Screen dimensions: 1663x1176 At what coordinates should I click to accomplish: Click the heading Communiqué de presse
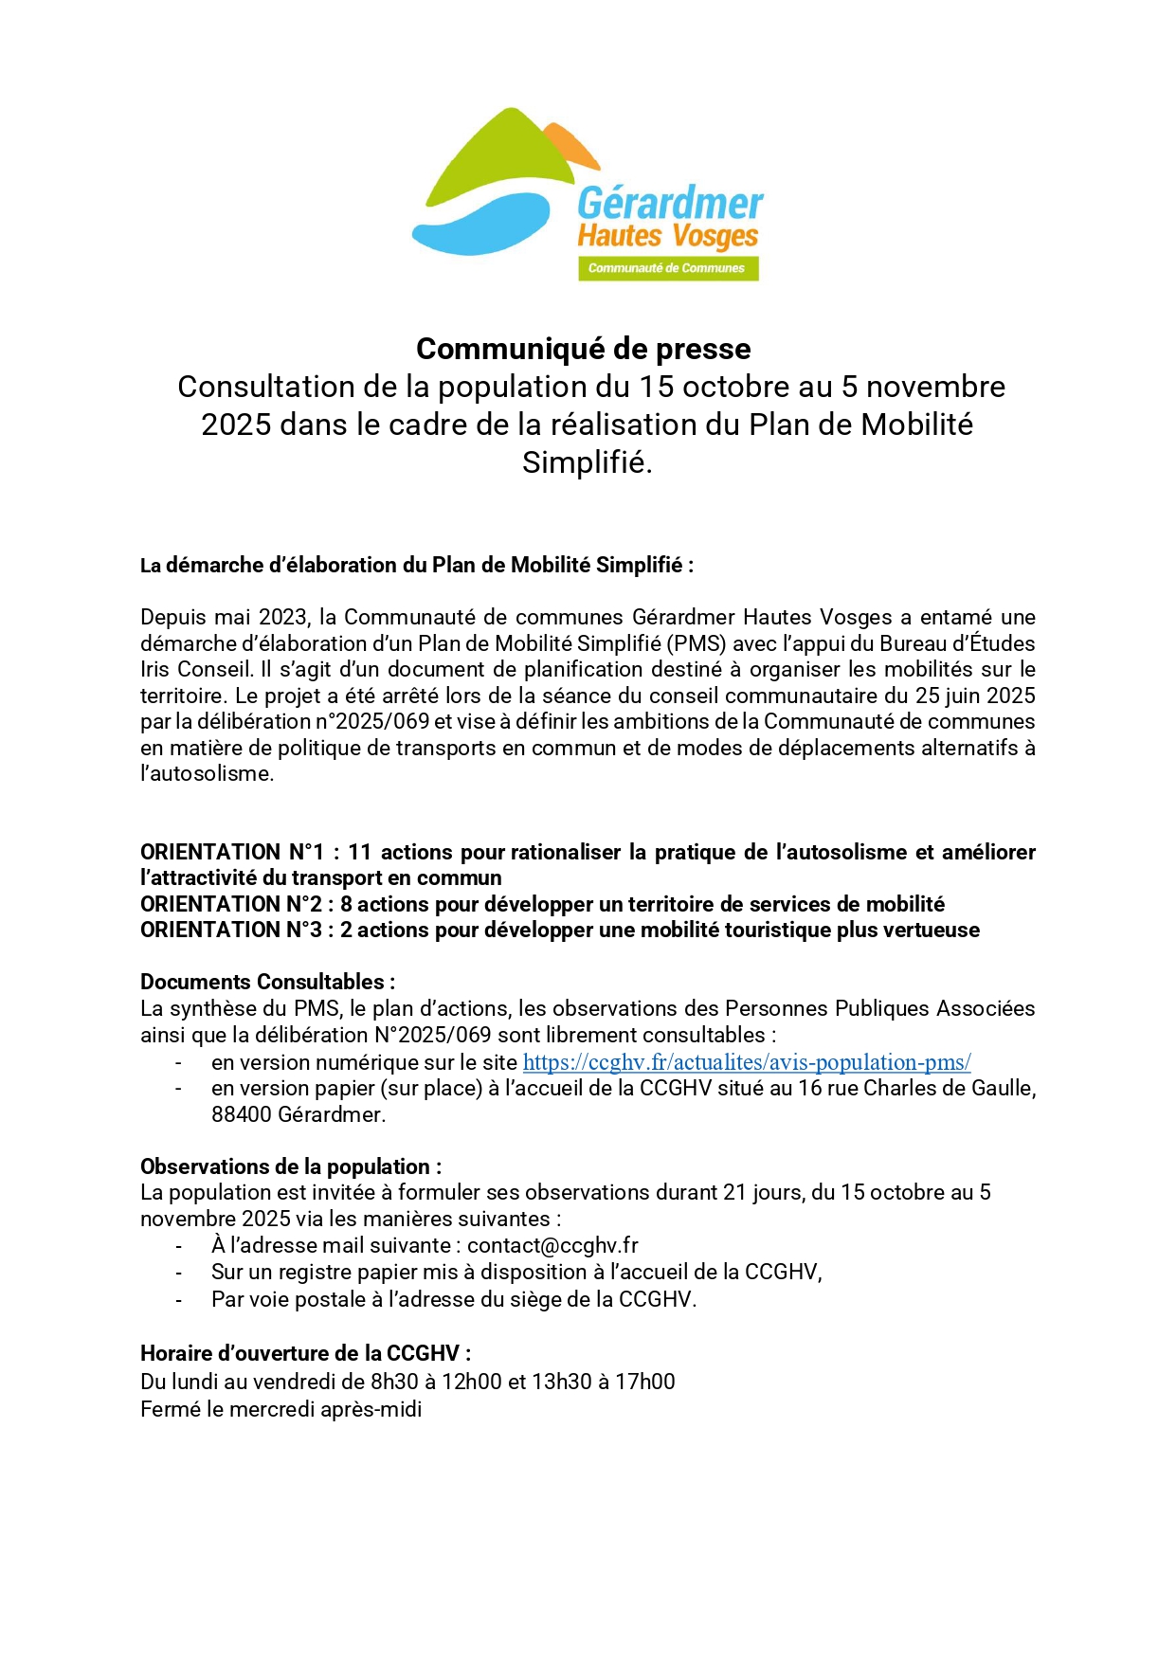point(583,349)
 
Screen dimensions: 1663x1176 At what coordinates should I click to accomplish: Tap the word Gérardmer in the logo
point(669,204)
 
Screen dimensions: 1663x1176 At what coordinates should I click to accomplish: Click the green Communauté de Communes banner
point(668,268)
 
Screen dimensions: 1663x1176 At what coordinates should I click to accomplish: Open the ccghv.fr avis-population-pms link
point(746,1062)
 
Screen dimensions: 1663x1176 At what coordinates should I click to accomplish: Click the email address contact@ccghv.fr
point(552,1245)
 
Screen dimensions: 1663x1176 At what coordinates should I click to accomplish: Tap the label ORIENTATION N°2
point(230,904)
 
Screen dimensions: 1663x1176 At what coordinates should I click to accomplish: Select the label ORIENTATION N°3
point(230,930)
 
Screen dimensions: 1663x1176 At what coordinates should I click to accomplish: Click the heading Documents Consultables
point(267,982)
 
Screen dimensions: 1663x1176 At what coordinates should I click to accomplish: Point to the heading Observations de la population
point(290,1166)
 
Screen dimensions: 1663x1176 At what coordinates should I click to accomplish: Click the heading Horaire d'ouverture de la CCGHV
point(305,1353)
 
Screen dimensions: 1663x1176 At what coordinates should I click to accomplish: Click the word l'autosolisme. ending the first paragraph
point(207,773)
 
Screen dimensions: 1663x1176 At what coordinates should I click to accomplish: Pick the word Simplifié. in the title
point(587,462)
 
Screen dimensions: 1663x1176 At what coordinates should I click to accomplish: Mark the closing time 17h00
point(644,1382)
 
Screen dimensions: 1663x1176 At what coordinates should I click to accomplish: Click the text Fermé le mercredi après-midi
point(280,1409)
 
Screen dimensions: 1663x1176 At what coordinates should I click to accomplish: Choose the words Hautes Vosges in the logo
point(668,235)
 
